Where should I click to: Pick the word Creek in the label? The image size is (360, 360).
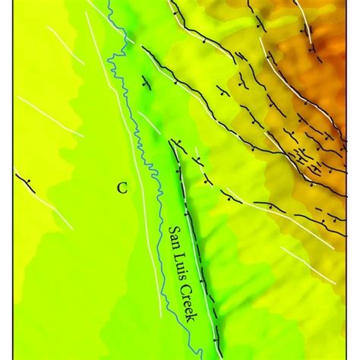[x=193, y=304]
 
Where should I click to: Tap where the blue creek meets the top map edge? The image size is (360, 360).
[x=109, y=2]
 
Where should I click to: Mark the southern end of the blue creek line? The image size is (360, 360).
[x=198, y=355]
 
